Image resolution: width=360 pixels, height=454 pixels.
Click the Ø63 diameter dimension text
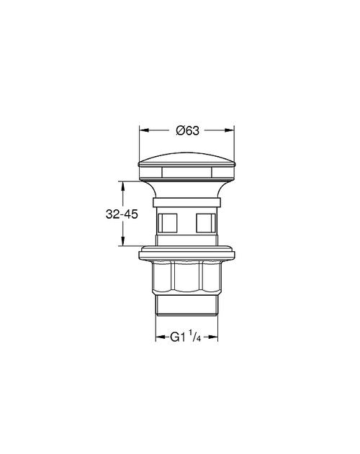point(187,130)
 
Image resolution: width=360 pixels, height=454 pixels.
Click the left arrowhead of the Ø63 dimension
point(143,130)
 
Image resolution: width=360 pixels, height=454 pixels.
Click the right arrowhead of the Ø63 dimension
point(231,130)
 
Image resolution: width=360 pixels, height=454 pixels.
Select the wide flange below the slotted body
point(187,253)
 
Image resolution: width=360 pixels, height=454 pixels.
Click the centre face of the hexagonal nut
point(187,276)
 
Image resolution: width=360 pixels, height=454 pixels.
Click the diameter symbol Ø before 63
point(180,130)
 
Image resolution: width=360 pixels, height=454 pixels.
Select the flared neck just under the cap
point(187,189)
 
